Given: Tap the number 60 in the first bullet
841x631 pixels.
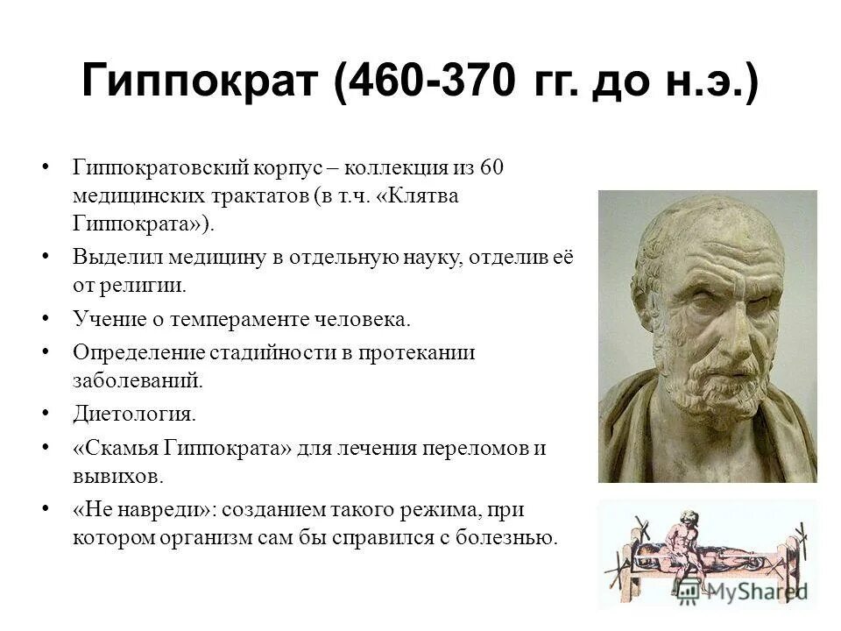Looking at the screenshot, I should (x=492, y=167).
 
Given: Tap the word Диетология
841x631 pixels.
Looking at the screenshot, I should (x=134, y=413).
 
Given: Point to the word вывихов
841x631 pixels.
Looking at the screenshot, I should (x=117, y=477).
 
